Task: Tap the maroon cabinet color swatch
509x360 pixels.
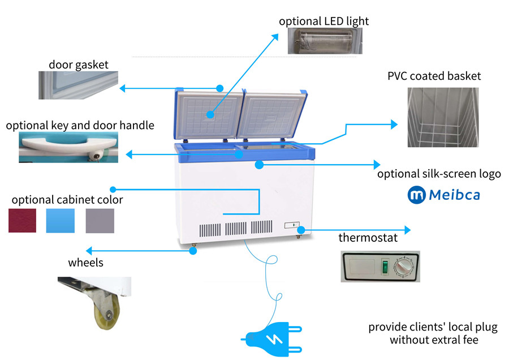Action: click(22, 221)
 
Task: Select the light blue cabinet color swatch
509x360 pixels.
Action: click(60, 221)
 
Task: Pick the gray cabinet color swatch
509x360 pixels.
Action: click(100, 221)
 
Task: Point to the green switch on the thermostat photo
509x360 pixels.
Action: click(385, 267)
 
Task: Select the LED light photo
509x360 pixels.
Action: click(323, 41)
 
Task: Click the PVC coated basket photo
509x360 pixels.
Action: click(443, 118)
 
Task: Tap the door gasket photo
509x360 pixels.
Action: click(78, 85)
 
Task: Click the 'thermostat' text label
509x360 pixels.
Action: click(368, 238)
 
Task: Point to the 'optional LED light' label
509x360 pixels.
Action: click(323, 21)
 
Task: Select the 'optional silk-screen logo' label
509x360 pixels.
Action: click(439, 174)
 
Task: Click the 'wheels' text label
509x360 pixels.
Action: click(85, 263)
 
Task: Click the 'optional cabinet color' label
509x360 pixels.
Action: click(67, 200)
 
